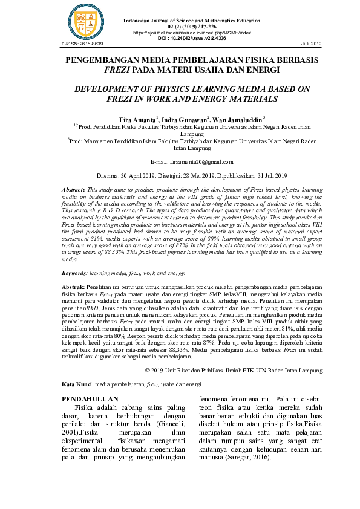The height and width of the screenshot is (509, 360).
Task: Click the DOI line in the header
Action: [x=191, y=38]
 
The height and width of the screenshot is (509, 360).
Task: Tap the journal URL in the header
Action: [x=191, y=32]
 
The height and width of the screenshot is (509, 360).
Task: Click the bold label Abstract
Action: [x=76, y=189]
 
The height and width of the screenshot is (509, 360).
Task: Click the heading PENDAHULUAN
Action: [x=91, y=400]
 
